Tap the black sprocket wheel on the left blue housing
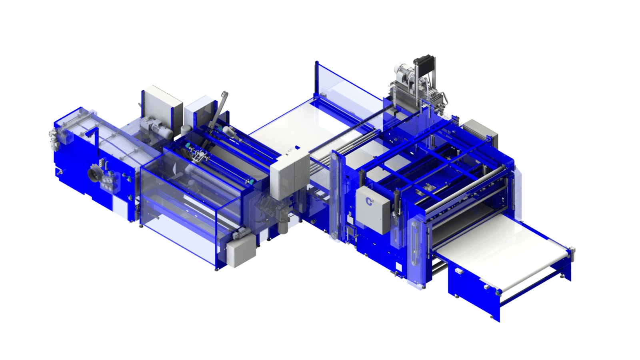pos(95,174)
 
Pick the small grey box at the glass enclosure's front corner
pos(241,251)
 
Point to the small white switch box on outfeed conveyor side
pos(459,271)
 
